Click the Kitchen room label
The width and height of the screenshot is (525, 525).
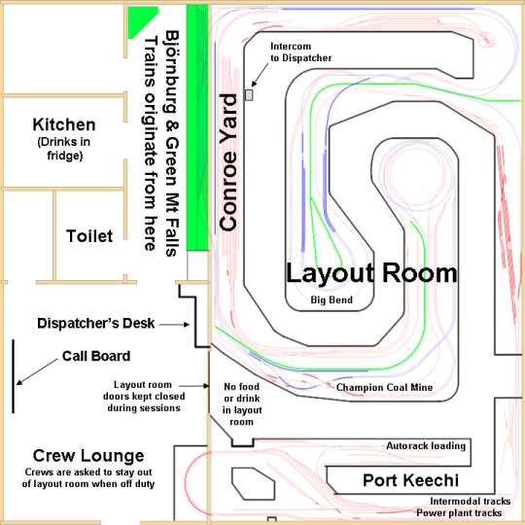coord(64,124)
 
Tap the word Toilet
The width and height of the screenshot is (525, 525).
coord(89,236)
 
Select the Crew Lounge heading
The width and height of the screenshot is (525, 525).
coord(88,456)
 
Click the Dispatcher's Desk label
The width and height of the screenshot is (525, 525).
coord(95,324)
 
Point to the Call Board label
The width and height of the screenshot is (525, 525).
coord(96,356)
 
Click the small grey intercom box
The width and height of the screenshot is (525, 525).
coord(249,94)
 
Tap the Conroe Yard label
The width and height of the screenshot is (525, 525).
coord(228,162)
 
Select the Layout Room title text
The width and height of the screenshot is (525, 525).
coord(371,274)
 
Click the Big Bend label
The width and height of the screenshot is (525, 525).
coord(332,299)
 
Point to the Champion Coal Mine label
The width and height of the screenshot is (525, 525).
coord(384,387)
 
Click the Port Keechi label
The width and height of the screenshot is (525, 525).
coord(410,480)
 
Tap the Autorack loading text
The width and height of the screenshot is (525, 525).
coord(426,446)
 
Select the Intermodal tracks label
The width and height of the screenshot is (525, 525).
coord(471,502)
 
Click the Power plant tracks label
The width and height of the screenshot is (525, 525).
coord(459,513)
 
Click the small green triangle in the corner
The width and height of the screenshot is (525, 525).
coord(139,18)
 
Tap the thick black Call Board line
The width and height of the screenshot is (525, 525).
coord(14,376)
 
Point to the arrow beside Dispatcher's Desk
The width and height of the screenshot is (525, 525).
coord(174,324)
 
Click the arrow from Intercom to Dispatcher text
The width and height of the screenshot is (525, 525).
coord(260,75)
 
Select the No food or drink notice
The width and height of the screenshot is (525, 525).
coord(242,404)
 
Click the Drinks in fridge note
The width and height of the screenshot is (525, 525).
coord(64,149)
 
